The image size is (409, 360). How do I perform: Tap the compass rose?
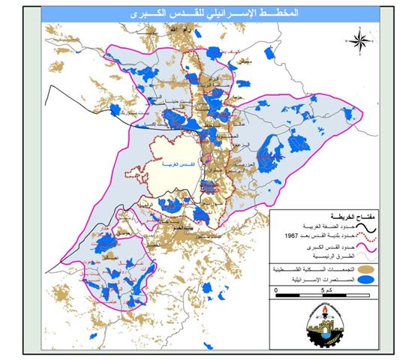coord(361,40)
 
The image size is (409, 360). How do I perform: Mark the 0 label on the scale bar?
coord(275,289)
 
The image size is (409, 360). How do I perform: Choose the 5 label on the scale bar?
coord(321,289)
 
